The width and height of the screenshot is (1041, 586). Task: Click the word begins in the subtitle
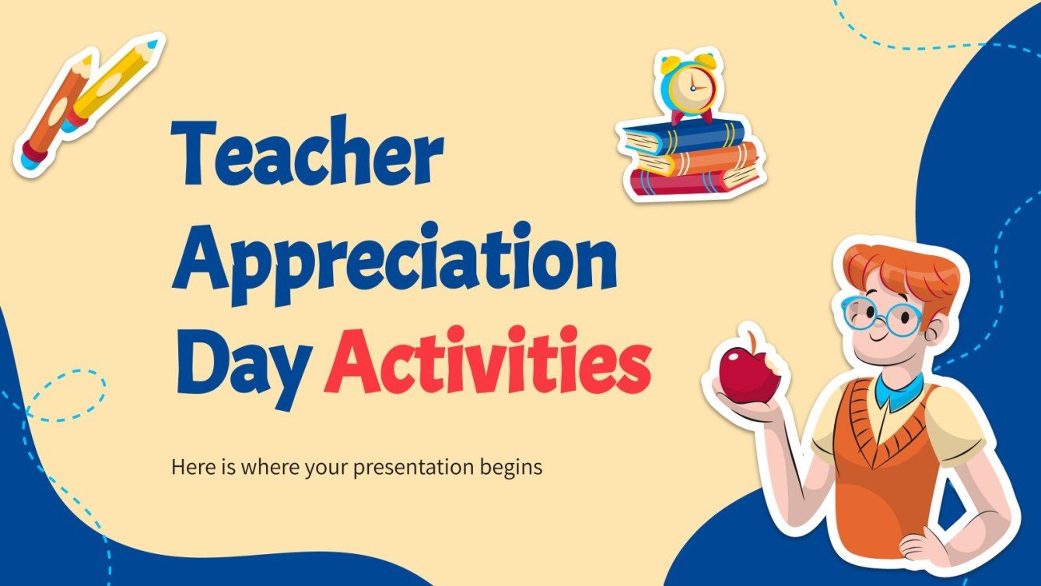pos(511,468)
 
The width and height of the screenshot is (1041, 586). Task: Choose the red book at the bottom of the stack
pos(692,181)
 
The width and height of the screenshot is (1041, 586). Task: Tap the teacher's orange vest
pos(887,451)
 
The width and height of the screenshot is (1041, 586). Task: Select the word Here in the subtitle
pos(191,468)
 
